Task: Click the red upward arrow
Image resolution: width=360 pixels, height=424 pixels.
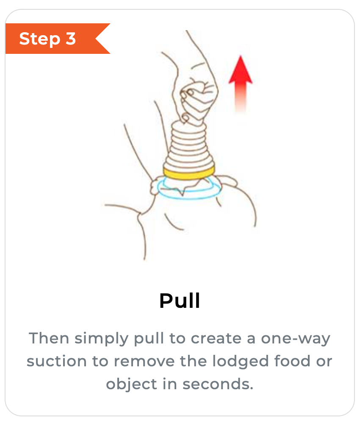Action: click(241, 84)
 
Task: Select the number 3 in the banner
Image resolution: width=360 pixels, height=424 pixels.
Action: click(70, 39)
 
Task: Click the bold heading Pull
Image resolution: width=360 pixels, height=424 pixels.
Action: click(180, 301)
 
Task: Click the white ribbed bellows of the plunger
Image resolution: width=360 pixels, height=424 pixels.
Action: click(189, 146)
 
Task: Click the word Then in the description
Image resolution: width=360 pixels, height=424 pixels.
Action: click(49, 338)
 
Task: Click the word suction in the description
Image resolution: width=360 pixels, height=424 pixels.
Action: click(57, 361)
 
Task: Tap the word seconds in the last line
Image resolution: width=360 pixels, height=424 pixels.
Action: click(218, 384)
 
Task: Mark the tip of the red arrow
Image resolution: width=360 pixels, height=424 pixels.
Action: click(241, 56)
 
